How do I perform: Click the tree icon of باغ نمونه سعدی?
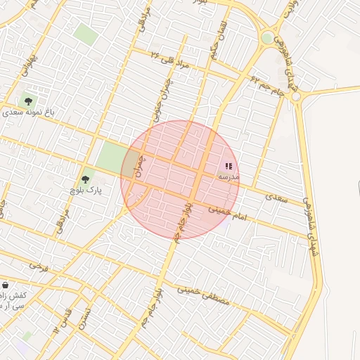[28, 101]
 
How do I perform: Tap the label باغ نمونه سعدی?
[28, 112]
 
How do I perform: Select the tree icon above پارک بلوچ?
[86, 180]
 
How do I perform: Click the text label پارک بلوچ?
[86, 191]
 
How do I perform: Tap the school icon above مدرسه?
[229, 167]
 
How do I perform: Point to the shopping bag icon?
[6, 285]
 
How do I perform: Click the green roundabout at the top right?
[267, 38]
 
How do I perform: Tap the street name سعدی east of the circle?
[278, 200]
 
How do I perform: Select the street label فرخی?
[39, 267]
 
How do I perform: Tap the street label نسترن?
[84, 318]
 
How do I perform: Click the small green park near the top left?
[86, 33]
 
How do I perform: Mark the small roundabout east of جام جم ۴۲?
[296, 96]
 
